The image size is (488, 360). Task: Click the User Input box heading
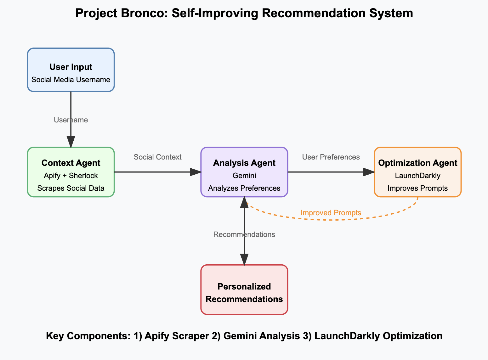[71, 67]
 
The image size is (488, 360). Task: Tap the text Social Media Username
[71, 80]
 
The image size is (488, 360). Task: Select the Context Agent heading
[71, 163]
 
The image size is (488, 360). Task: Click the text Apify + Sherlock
[71, 176]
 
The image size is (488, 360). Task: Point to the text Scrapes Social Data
[71, 188]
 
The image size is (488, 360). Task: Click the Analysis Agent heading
[244, 163]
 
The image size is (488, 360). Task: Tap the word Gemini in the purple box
[244, 176]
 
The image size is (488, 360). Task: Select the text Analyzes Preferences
[244, 188]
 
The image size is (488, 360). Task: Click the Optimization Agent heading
[417, 163]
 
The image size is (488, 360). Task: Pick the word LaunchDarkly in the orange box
[417, 176]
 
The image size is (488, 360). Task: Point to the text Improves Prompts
[417, 188]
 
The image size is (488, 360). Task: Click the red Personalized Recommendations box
[244, 290]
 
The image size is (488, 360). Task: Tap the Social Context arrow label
[157, 157]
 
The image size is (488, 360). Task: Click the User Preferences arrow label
[331, 157]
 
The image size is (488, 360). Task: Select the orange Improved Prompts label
[331, 213]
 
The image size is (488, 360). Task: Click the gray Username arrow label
[71, 120]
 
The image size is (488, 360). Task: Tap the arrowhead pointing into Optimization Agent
[369, 172]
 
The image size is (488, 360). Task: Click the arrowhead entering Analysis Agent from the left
[196, 172]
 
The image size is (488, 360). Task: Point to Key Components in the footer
[88, 336]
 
